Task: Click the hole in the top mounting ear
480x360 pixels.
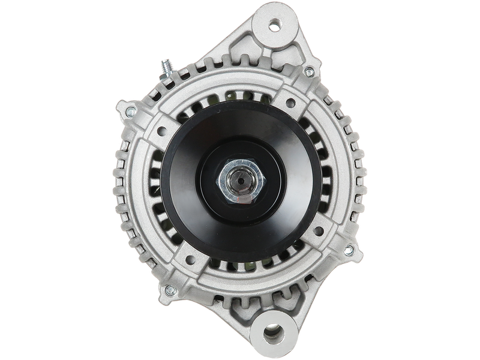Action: pos(275,25)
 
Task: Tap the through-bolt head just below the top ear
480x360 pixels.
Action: pos(308,72)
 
